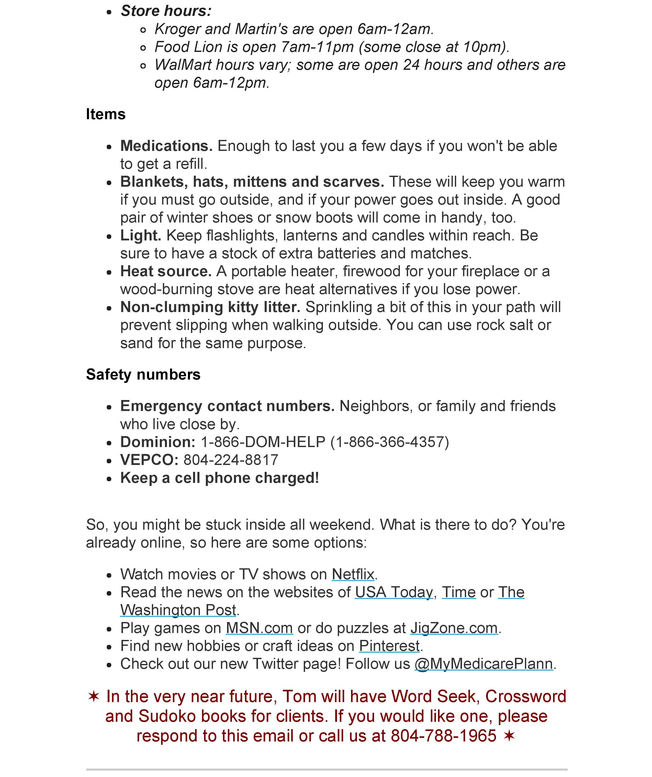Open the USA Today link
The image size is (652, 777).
(394, 592)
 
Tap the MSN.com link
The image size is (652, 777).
(259, 628)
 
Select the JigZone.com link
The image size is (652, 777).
(454, 628)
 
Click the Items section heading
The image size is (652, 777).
(106, 114)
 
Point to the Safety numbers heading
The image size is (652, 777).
(143, 374)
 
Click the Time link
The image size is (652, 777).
(459, 592)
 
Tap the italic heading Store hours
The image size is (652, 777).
(166, 11)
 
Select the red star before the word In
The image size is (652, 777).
(94, 696)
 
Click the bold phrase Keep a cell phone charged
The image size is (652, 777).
(219, 478)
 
